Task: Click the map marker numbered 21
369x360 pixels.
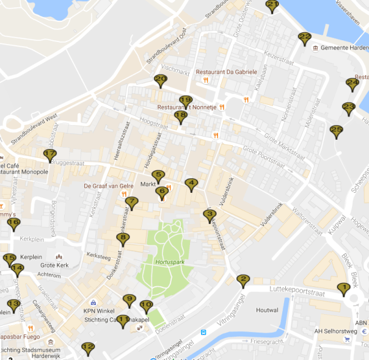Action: [272, 6]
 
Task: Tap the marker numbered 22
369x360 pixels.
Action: [305, 38]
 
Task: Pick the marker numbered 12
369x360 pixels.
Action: [88, 348]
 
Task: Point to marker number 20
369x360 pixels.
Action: [161, 80]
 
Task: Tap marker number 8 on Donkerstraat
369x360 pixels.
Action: [123, 239]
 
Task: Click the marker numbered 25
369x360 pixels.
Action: [336, 131]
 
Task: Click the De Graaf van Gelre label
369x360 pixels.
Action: [109, 186]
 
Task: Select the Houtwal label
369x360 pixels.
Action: [268, 310]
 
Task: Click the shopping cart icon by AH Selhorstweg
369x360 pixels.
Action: [348, 340]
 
